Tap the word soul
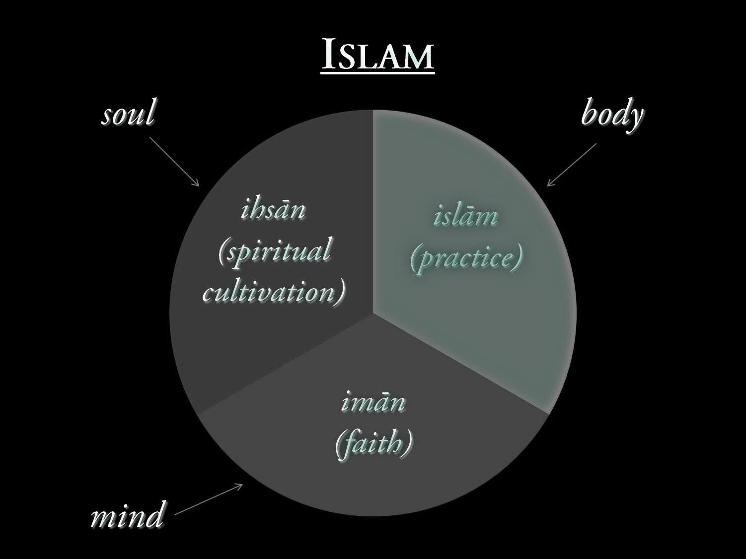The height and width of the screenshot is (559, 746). point(129,113)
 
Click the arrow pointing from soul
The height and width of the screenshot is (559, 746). point(174,162)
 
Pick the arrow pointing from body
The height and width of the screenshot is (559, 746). point(571,165)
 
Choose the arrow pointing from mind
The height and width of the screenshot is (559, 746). point(209,498)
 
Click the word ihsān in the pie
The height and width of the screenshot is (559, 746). point(273,209)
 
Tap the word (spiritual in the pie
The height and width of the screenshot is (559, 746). point(275,251)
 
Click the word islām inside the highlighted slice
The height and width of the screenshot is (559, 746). point(465,216)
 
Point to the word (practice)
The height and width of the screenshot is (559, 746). point(466,257)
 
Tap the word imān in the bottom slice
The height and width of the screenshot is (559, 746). point(373,401)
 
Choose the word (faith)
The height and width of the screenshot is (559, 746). point(374,443)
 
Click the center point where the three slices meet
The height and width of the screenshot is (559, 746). point(373,313)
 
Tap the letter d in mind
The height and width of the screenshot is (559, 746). point(154,514)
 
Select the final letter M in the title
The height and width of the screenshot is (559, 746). point(419,57)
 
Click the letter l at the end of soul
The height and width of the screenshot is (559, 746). point(150,112)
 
